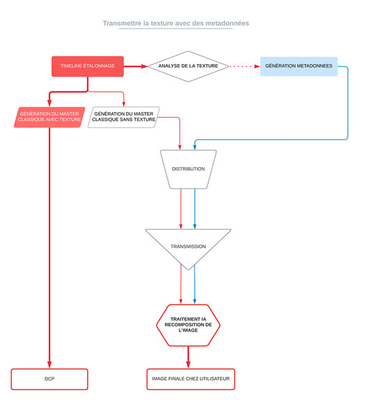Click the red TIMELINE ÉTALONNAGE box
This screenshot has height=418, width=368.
pos(88,66)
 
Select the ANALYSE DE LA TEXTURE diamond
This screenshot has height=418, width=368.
pos(189,66)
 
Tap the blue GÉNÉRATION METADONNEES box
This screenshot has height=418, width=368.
pos(298,66)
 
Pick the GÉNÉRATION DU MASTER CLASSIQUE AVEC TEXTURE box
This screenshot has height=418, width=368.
pos(49,117)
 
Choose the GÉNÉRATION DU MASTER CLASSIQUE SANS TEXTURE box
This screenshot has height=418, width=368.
pos(124,117)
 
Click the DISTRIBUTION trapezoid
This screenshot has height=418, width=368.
pos(189,169)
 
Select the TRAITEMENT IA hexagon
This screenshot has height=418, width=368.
pos(189,325)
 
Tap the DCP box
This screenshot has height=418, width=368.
pos(49,379)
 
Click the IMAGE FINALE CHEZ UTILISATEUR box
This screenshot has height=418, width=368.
pos(191,379)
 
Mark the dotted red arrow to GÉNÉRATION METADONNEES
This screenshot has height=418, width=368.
pos(244,66)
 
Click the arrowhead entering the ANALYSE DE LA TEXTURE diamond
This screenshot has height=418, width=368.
pos(144,66)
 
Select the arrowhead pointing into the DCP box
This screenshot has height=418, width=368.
pos(49,365)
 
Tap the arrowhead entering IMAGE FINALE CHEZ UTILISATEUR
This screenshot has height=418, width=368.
pos(189,365)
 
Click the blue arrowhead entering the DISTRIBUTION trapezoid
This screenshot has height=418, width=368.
pos(195,147)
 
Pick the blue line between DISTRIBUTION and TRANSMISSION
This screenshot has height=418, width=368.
pos(195,209)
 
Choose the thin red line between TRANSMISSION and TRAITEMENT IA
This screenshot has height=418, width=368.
pos(181,284)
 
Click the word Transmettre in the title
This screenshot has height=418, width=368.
pos(122,24)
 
